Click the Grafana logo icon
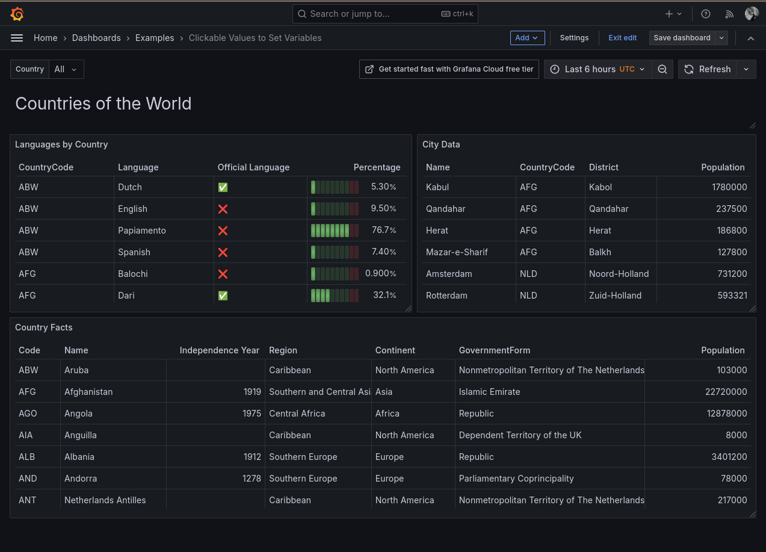[x=17, y=14]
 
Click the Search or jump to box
[x=385, y=14]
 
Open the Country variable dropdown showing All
[x=66, y=69]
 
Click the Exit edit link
[x=622, y=38]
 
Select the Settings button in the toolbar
[x=574, y=38]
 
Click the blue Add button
[x=527, y=38]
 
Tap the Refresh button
[x=708, y=69]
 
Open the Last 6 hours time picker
[x=598, y=69]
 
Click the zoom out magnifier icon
[x=663, y=69]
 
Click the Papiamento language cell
[x=142, y=231]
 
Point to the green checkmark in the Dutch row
[x=223, y=187]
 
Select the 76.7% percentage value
[x=383, y=231]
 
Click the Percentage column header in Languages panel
[x=377, y=167]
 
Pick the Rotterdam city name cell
[x=446, y=296]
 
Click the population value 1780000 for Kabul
[x=729, y=187]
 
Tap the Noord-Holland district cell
[x=619, y=274]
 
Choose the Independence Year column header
[x=219, y=350]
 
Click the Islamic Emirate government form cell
[x=489, y=392]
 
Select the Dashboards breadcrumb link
[x=96, y=38]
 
